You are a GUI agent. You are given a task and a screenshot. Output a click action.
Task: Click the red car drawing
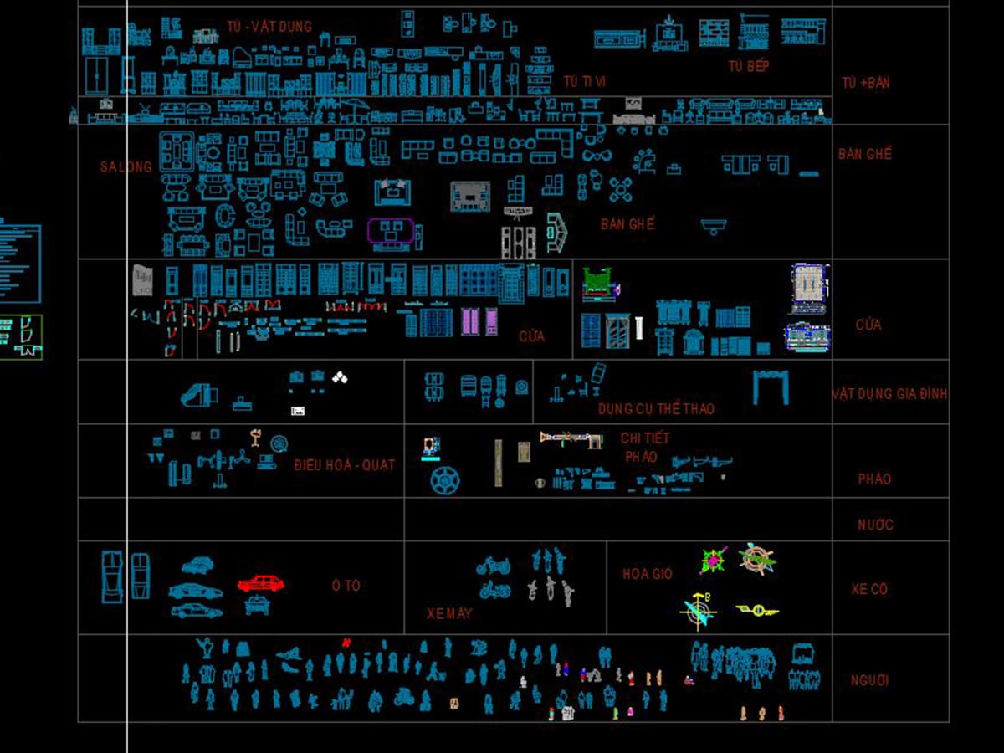pos(260,583)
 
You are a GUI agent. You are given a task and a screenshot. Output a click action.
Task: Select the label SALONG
pos(125,166)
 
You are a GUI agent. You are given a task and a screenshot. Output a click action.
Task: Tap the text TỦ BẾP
pos(748,66)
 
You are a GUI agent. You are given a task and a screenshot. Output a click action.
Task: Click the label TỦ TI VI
pos(584,81)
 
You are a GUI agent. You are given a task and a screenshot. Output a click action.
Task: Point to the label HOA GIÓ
pos(647,574)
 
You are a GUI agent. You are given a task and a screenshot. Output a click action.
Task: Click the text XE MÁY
pos(449,613)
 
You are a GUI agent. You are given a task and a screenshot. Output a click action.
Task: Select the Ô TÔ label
pos(346,586)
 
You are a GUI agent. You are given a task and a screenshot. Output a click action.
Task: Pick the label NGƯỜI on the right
pos(869,680)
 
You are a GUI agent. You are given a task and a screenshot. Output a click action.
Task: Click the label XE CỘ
pos(869,589)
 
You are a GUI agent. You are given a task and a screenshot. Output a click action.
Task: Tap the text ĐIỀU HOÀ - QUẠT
pos(344,464)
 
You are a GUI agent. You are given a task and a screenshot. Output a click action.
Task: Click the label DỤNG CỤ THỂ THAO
pos(656,409)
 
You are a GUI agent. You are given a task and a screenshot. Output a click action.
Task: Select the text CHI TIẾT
pos(645,438)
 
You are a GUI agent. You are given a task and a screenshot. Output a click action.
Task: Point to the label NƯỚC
pos(875,525)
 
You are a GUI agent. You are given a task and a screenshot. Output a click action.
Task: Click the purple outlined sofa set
pos(391,233)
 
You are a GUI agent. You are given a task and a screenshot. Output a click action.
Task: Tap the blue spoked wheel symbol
pos(444,480)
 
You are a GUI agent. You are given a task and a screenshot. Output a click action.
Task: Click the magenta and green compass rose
pos(714,561)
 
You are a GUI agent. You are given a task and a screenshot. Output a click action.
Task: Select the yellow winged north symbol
pos(757,610)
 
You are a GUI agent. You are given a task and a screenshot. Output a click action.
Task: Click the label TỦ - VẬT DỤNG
pos(269,26)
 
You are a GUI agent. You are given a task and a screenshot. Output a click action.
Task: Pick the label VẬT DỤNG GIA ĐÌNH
pos(890,393)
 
